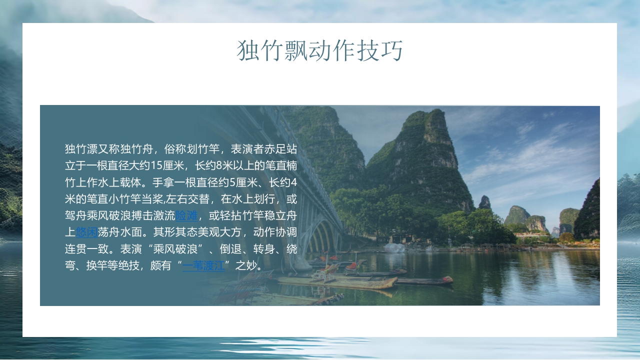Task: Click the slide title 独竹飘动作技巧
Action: [320, 50]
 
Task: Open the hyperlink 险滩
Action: [186, 216]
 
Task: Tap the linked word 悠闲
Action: [86, 232]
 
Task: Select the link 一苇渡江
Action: [203, 265]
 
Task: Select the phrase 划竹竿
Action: [203, 149]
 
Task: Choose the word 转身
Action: [265, 248]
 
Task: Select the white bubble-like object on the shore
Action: [394, 247]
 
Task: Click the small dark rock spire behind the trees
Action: [484, 202]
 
